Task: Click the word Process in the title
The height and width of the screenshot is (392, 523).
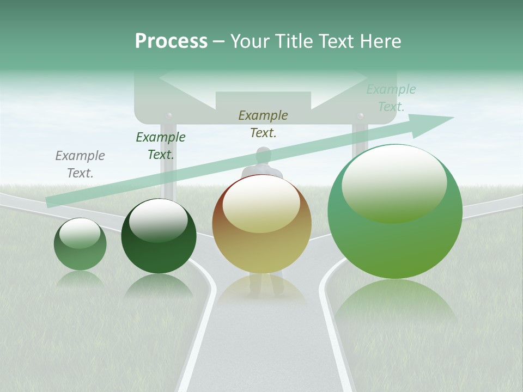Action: coord(171,41)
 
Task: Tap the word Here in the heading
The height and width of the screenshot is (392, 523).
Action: coord(380,41)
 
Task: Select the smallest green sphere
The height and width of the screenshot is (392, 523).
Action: coord(80,244)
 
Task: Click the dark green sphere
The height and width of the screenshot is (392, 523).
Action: coord(159,237)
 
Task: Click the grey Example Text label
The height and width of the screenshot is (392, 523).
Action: coord(80,164)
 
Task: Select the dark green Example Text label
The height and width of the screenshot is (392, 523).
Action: coord(161,146)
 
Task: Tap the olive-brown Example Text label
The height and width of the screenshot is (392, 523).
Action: coord(263,124)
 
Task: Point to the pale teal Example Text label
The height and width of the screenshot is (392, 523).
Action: coord(391,98)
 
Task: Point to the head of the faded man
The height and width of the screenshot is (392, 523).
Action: coord(264,156)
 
